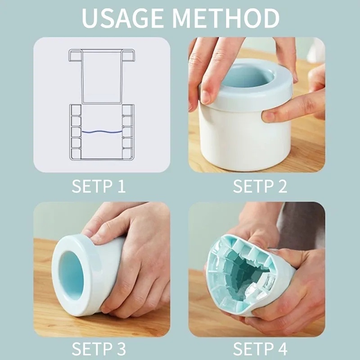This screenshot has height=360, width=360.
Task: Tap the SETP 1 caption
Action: pyautogui.click(x=99, y=186)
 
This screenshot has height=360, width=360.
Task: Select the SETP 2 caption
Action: pyautogui.click(x=260, y=186)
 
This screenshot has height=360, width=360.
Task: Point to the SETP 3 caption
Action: pyautogui.click(x=99, y=349)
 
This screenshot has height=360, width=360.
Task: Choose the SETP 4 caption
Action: pyautogui.click(x=260, y=349)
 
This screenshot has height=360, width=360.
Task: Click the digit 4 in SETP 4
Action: pyautogui.click(x=282, y=349)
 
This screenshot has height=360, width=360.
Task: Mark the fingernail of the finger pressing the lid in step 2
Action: pyautogui.click(x=206, y=96)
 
